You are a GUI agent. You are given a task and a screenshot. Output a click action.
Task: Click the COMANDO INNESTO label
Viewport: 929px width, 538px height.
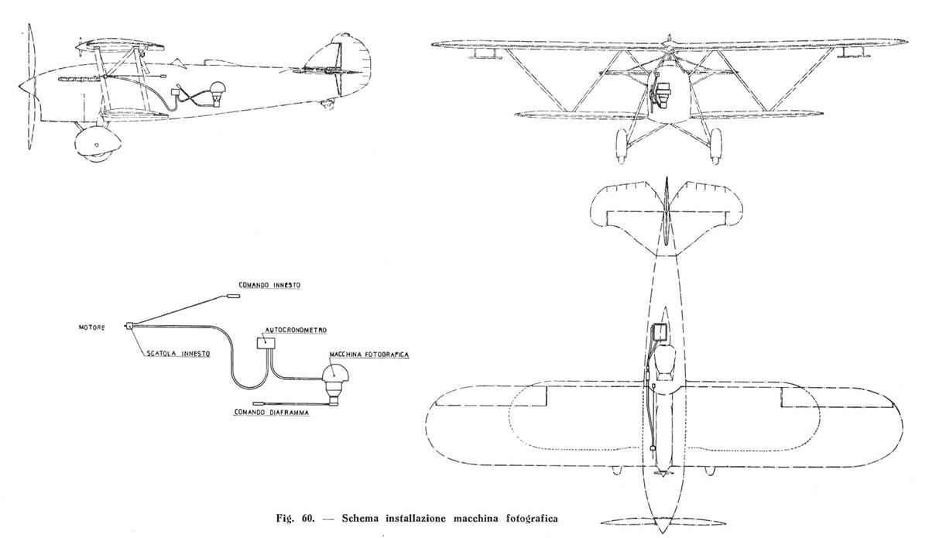[x=269, y=286]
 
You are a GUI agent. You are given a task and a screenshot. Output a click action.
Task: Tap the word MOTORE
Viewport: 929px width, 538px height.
[x=92, y=327]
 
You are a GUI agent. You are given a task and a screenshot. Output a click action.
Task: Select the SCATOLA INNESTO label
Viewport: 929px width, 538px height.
[x=178, y=354]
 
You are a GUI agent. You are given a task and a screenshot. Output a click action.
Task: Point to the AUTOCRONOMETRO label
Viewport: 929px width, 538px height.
[x=296, y=331]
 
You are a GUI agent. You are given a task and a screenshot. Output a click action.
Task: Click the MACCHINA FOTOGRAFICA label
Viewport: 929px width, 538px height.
[x=369, y=355]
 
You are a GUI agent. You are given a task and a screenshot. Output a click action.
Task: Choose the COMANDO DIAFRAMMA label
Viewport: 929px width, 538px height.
[x=272, y=413]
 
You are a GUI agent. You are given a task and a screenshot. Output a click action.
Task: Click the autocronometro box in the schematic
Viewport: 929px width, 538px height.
[x=266, y=343]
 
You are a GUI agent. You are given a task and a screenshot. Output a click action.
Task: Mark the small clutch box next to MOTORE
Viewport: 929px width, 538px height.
[x=129, y=326]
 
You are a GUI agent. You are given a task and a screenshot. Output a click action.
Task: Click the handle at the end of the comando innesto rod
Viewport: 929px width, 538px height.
[x=233, y=296]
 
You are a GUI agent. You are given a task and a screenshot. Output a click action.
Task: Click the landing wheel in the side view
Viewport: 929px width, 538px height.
[x=97, y=144]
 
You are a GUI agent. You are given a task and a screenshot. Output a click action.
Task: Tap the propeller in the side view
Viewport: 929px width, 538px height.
[x=29, y=86]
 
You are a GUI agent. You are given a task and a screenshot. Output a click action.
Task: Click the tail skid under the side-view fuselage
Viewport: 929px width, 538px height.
[x=327, y=104]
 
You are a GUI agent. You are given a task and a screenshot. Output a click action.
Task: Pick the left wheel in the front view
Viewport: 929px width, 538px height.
[x=621, y=146]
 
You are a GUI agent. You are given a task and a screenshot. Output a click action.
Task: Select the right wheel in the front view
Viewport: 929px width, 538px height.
[x=716, y=146]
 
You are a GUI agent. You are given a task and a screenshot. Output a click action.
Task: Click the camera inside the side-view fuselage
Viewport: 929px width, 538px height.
[x=218, y=94]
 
